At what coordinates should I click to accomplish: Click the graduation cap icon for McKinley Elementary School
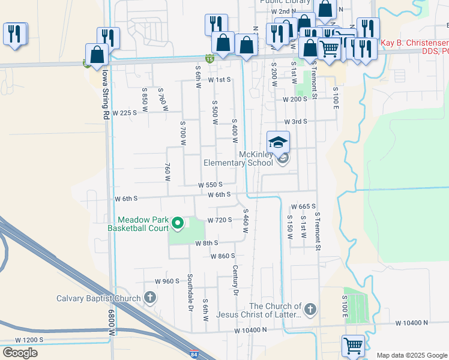[279, 143]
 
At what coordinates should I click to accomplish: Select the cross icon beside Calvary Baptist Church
[149, 298]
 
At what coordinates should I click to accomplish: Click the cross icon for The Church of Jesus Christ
[310, 310]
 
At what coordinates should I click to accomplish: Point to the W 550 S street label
[211, 185]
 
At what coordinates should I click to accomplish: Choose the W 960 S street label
[167, 281]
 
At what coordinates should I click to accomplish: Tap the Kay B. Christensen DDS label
[414, 47]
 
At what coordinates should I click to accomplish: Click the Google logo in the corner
[20, 353]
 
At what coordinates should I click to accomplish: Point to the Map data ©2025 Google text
[411, 355]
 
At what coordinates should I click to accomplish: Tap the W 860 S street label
[223, 256]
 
